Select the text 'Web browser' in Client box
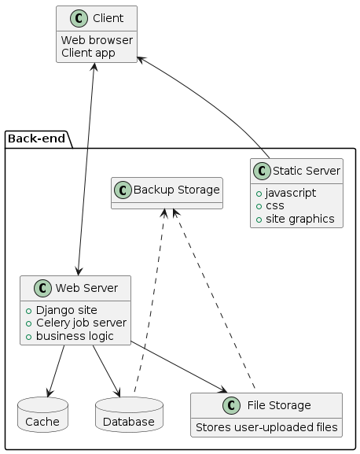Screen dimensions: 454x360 click(x=97, y=40)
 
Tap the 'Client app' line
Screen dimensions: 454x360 click(x=88, y=54)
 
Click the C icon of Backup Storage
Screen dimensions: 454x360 click(x=125, y=189)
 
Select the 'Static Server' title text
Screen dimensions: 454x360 click(x=306, y=171)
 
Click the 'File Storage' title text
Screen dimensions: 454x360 click(x=276, y=405)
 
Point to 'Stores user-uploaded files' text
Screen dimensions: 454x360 click(x=266, y=427)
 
